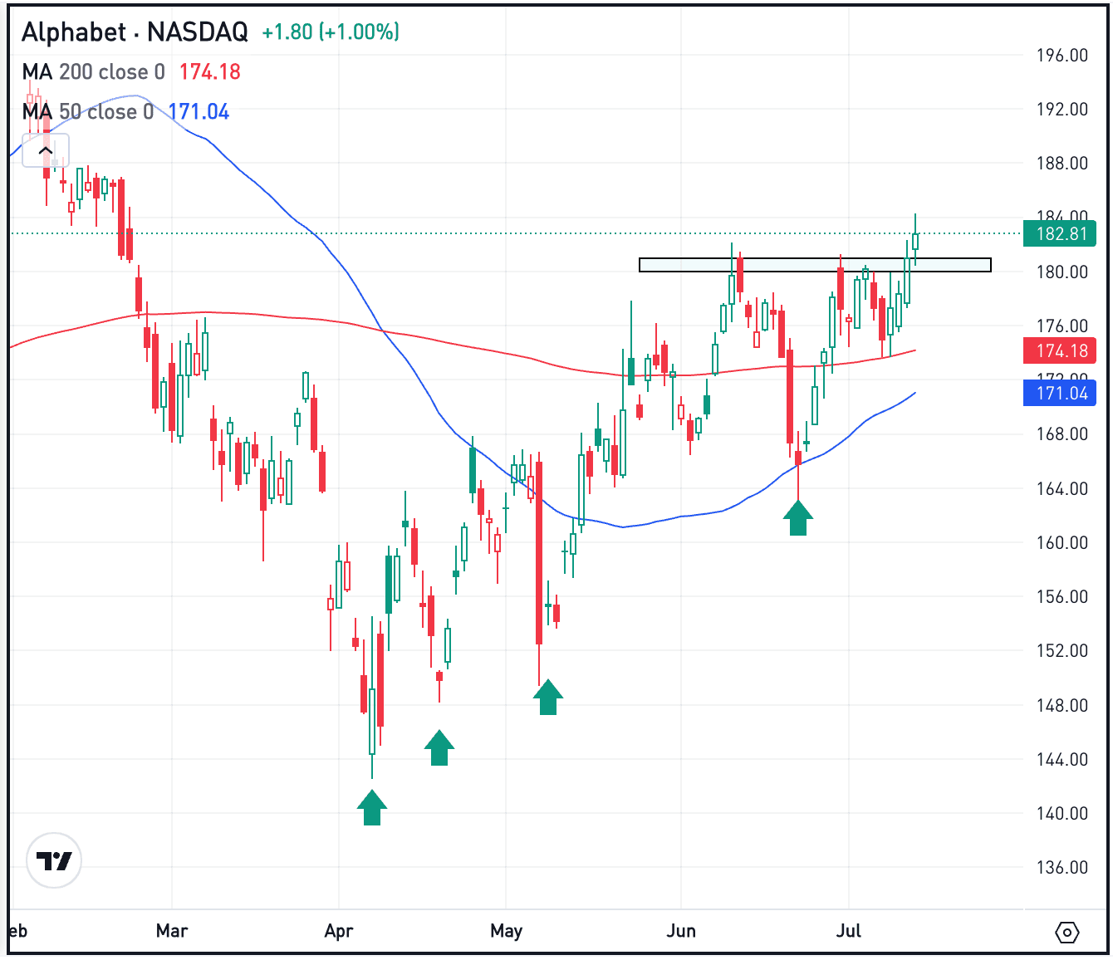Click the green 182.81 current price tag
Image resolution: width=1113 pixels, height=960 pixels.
tap(1061, 233)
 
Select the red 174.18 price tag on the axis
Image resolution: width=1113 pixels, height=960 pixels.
tap(1061, 351)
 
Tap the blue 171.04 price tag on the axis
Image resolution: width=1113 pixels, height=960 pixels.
tap(1061, 393)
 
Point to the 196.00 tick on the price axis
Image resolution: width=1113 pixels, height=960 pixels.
tap(1062, 56)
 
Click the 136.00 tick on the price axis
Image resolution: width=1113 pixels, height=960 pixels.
tap(1062, 867)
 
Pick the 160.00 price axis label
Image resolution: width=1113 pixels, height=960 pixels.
tap(1062, 542)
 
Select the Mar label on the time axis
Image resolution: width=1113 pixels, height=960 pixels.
tap(172, 930)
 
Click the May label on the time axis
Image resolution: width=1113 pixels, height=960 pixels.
tap(506, 930)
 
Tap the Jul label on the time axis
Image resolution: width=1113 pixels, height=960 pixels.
tap(848, 930)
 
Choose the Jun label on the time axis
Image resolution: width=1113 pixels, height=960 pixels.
tap(680, 930)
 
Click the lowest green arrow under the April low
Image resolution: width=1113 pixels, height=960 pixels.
tap(372, 808)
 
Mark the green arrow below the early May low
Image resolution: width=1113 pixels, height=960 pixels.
tap(547, 697)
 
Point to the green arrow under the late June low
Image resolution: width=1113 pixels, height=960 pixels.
tap(798, 518)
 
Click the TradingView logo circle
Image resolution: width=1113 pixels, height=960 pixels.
tap(55, 861)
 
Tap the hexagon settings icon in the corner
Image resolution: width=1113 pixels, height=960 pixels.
tap(1067, 933)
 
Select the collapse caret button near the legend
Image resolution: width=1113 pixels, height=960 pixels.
tap(46, 151)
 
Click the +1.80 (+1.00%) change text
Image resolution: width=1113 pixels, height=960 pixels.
tap(331, 32)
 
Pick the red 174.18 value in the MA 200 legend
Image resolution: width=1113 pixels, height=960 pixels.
tap(209, 72)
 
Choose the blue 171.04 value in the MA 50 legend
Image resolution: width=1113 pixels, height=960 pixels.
tap(199, 112)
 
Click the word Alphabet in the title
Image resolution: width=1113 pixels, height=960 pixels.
tap(72, 32)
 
